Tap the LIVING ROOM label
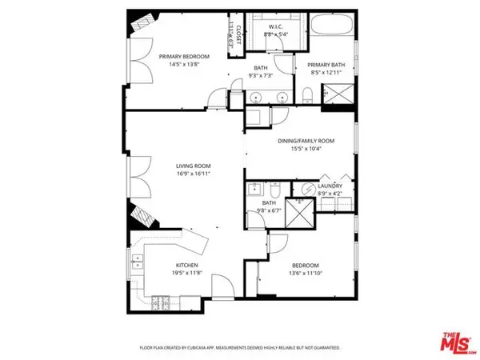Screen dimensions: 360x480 (x=193, y=167)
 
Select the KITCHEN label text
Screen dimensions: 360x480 (x=187, y=265)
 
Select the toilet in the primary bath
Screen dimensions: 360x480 (x=308, y=97)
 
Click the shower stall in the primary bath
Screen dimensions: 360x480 (x=337, y=95)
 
